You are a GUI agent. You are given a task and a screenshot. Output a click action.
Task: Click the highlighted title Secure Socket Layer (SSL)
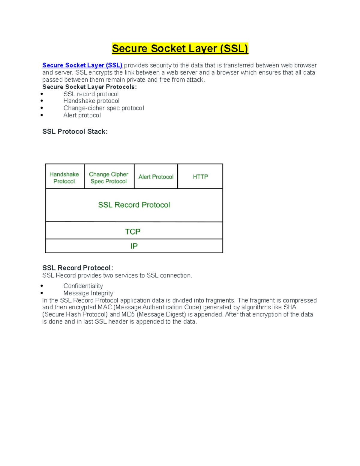pos(180,49)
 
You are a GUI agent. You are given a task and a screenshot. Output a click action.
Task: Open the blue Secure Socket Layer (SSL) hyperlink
pos(82,65)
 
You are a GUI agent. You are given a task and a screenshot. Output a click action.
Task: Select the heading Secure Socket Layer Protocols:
pos(89,87)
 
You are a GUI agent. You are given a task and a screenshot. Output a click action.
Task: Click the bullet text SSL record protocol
pos(91,94)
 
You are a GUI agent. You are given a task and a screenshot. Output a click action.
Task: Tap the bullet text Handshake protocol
pos(91,101)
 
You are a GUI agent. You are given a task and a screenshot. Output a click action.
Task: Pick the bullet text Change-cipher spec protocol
pos(103,108)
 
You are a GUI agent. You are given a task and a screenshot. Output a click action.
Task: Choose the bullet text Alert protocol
pos(82,115)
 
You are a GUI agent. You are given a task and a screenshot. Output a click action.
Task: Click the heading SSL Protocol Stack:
pos(75,131)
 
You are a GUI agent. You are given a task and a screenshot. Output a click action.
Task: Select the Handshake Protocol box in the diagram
pos(64,178)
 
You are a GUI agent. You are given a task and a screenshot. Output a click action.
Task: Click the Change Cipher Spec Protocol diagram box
pos(109,178)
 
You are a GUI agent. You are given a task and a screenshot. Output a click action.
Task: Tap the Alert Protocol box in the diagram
pos(156,177)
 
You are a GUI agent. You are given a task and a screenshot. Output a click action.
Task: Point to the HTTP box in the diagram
pos(200,177)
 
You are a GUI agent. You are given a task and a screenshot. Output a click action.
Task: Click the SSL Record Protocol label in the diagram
pos(134,205)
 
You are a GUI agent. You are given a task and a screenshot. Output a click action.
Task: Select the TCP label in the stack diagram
pos(133,232)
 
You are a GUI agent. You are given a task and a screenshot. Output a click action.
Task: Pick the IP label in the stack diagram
pos(134,246)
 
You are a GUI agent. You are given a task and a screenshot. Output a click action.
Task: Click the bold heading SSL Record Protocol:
pos(78,268)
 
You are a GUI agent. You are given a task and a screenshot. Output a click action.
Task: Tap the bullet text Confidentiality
pos(83,286)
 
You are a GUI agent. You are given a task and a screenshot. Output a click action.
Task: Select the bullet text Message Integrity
pos(88,293)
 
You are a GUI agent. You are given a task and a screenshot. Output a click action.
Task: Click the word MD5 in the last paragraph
pos(128,314)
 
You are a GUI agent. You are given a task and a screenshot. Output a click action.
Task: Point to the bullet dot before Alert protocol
pos(42,115)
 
